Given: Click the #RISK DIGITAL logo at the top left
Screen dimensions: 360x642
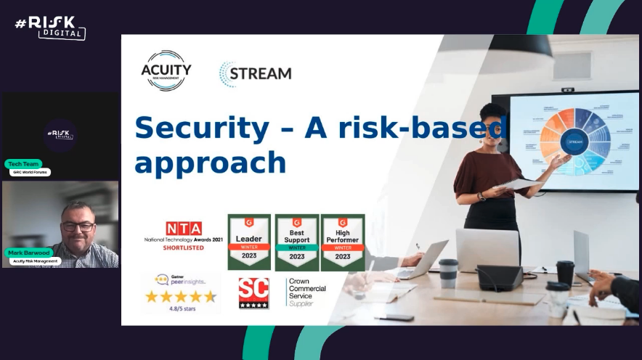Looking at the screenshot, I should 50,28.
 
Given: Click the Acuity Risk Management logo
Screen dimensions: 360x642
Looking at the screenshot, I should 166,70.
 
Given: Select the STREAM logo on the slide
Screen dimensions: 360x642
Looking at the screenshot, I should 256,73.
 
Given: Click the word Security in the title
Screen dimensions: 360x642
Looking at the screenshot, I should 201,128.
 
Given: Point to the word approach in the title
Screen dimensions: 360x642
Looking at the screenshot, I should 210,162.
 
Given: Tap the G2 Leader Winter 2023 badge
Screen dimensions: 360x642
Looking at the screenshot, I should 249,242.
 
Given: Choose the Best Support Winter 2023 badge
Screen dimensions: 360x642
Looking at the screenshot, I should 296,242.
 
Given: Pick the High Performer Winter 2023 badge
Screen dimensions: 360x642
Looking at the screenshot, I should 343,242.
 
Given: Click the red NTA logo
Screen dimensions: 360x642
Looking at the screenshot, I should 183,229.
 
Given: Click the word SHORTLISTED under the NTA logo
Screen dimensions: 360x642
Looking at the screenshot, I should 183,247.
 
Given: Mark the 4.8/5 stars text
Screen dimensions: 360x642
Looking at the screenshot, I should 181,308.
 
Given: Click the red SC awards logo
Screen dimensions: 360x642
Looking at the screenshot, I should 253,293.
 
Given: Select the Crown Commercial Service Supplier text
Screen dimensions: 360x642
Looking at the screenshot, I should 306,292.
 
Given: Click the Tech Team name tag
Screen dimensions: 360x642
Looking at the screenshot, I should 23,164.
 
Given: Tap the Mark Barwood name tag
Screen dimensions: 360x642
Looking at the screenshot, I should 29,253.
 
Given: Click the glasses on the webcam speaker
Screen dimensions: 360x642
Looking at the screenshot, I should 77,226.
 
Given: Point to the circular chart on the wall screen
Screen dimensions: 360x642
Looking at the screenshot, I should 574,141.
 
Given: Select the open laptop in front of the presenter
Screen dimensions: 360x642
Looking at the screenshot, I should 487,250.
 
